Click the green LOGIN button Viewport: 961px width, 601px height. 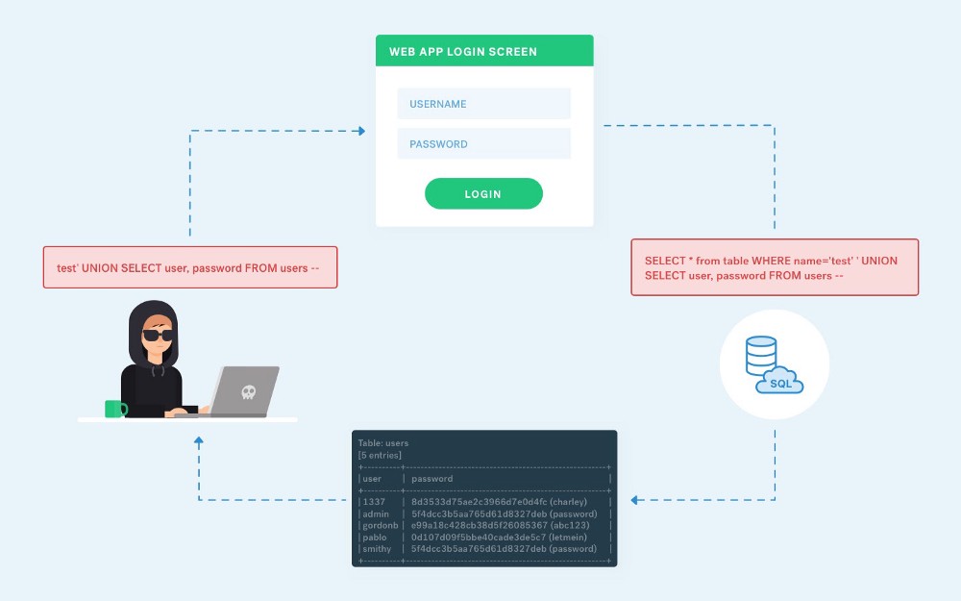click(483, 193)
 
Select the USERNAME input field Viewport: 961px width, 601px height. click(483, 104)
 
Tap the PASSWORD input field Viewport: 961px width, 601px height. click(483, 144)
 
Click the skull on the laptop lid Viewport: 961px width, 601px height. click(247, 391)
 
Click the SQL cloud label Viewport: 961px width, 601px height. click(780, 384)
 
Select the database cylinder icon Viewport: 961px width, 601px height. click(760, 356)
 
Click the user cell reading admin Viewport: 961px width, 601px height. click(376, 513)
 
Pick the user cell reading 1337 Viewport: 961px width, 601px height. click(373, 501)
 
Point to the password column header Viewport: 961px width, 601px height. click(431, 478)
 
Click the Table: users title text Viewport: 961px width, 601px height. click(383, 443)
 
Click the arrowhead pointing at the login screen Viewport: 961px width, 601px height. click(361, 131)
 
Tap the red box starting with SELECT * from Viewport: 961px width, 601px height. click(774, 267)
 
